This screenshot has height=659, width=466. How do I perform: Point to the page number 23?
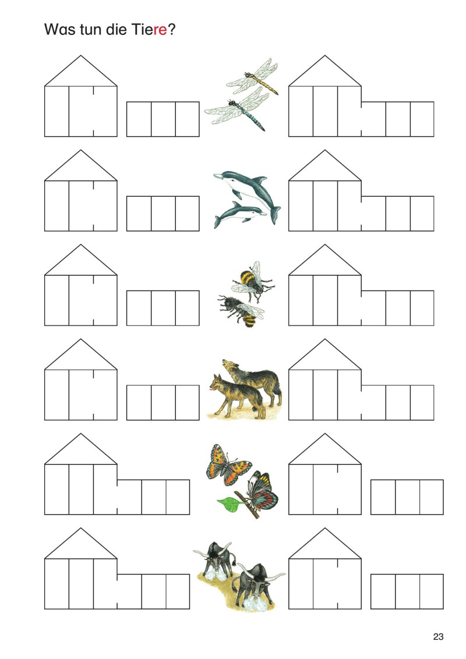pyautogui.click(x=438, y=637)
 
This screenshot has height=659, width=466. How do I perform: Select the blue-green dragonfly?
pyautogui.click(x=238, y=109)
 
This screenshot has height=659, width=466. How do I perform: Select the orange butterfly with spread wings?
pyautogui.click(x=228, y=465)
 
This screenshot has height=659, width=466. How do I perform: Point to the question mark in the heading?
pyautogui.click(x=171, y=30)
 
